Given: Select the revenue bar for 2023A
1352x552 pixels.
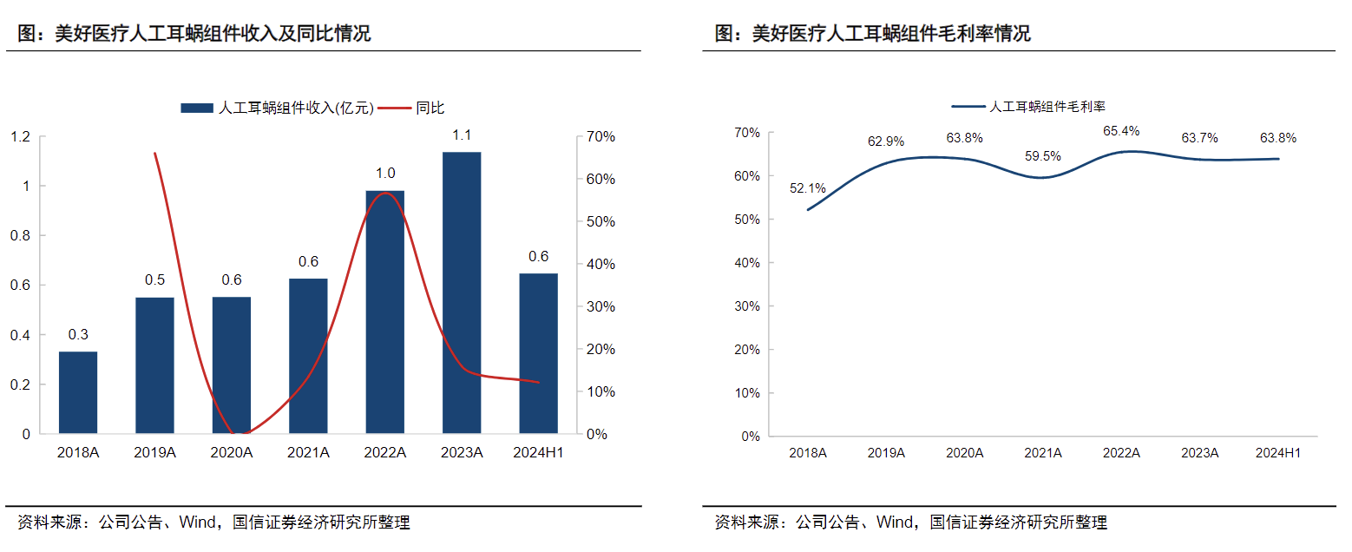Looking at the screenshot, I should (x=461, y=292).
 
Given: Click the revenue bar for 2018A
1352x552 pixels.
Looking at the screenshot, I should (x=78, y=392).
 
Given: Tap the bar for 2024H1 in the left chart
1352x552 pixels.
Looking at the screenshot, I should (x=538, y=353).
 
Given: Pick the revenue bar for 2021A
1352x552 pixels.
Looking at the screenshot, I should (x=308, y=356).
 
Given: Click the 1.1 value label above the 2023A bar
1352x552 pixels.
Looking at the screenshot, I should (x=462, y=135).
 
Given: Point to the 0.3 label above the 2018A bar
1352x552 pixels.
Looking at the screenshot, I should (x=78, y=334).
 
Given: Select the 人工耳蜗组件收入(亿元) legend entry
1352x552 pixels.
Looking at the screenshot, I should (x=278, y=108).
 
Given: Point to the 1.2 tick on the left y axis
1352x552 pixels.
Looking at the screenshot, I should (x=20, y=136).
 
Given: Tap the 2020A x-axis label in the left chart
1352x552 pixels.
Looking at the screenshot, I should (x=232, y=452).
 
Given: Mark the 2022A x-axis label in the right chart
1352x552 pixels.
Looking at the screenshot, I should (x=1120, y=453).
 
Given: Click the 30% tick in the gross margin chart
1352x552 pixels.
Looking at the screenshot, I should (x=746, y=306).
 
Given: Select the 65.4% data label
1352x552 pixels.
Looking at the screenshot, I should (x=1121, y=132).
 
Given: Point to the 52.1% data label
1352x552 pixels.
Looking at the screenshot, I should (x=807, y=187).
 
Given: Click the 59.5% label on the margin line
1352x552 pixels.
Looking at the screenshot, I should (x=1042, y=156).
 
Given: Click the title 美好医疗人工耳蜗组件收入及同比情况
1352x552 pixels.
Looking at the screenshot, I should (x=194, y=34).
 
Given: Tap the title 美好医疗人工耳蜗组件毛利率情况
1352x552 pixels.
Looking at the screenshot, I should (x=872, y=34).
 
